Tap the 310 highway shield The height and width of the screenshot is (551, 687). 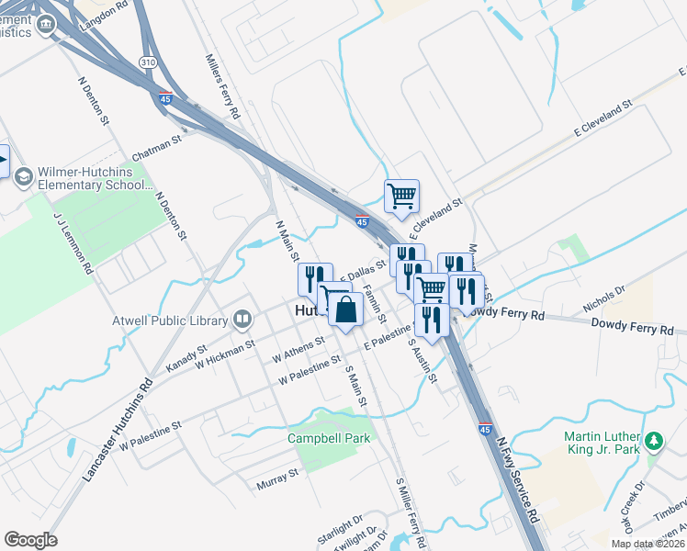(149, 63)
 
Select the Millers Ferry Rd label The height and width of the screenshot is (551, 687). (221, 86)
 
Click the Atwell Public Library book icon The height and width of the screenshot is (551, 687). (242, 320)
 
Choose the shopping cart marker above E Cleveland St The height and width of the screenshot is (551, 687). (401, 196)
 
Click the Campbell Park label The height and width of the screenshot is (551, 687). (329, 438)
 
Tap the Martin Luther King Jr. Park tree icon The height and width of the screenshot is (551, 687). (654, 442)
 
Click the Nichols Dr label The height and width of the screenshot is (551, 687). (603, 298)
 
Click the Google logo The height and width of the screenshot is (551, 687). (30, 540)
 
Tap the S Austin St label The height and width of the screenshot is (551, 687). (422, 361)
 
